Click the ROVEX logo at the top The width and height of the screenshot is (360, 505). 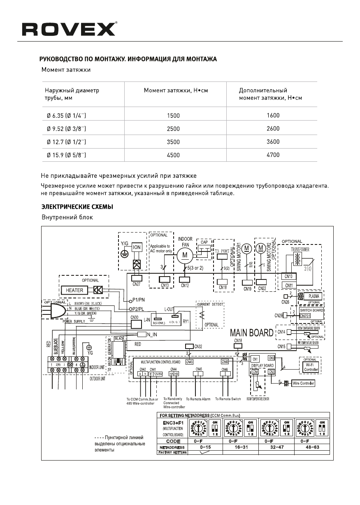69,29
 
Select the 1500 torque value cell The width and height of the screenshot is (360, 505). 174,116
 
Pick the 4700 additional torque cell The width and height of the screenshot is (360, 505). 273,155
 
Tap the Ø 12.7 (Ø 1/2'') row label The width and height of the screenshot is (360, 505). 66,142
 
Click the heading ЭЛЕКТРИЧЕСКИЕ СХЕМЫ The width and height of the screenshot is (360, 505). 77,206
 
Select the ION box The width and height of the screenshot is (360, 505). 137,248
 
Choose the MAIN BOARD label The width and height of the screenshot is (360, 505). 252,332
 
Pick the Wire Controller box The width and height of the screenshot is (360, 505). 303,383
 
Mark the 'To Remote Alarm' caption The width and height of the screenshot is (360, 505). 198,399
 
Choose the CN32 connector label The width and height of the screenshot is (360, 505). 198,346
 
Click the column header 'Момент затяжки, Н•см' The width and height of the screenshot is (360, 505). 176,90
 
